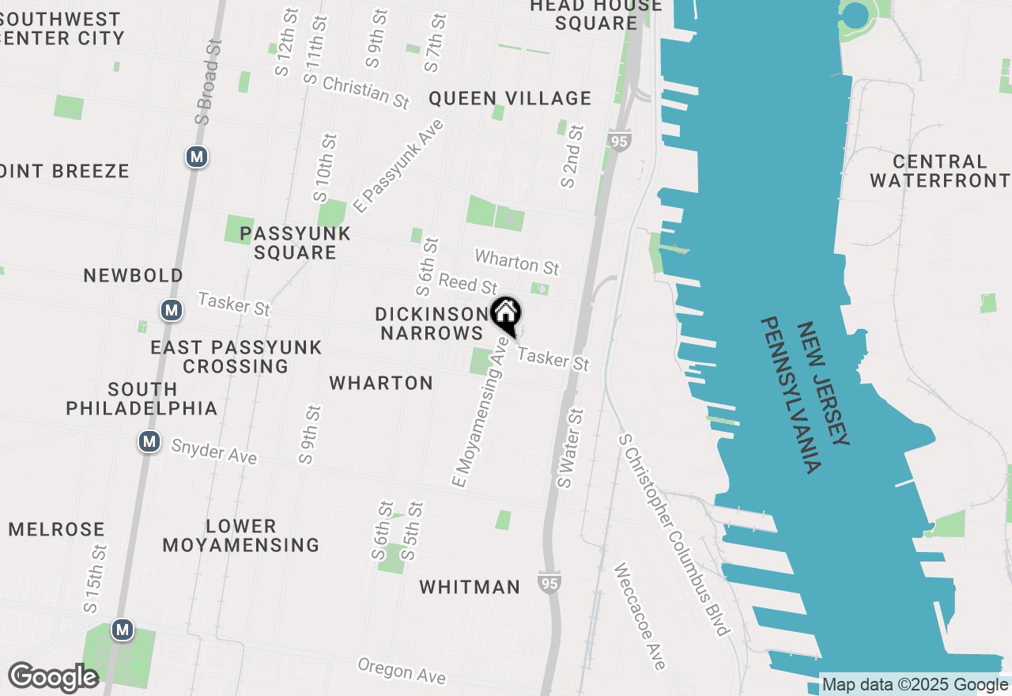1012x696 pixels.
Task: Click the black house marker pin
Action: click(x=505, y=315)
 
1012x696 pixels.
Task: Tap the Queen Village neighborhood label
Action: click(x=510, y=98)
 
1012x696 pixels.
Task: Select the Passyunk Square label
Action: click(x=295, y=243)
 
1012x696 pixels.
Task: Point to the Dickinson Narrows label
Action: click(x=432, y=323)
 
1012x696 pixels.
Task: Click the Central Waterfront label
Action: click(x=940, y=171)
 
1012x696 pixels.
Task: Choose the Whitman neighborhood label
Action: click(x=470, y=587)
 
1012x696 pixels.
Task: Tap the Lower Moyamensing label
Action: click(x=240, y=535)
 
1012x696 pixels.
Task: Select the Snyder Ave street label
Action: click(x=214, y=452)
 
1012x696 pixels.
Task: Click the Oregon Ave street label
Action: click(x=402, y=671)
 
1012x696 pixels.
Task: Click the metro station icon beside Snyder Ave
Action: click(x=149, y=441)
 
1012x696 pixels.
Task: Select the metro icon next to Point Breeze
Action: click(x=197, y=157)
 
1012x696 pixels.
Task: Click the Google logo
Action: click(x=53, y=678)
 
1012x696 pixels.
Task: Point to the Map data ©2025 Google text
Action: click(x=916, y=685)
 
